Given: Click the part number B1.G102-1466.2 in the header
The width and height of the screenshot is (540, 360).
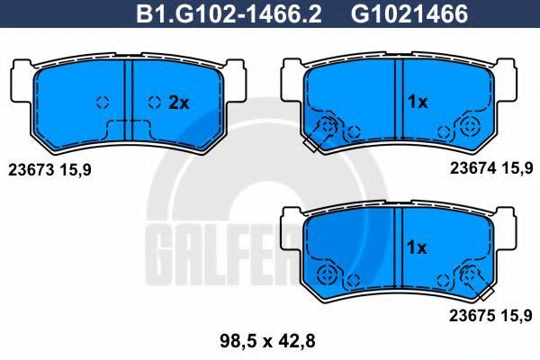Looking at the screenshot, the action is click(x=229, y=13).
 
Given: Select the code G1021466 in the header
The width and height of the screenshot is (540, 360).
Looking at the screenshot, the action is click(x=409, y=13).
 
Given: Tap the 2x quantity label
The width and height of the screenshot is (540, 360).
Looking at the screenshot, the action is click(x=179, y=103).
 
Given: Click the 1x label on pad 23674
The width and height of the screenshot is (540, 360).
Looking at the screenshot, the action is click(x=417, y=102).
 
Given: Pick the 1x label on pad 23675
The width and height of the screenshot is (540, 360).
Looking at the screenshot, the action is click(x=417, y=247).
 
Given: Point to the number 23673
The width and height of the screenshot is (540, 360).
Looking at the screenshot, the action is click(x=31, y=169).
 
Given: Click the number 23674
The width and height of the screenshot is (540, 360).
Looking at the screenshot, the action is click(x=473, y=168).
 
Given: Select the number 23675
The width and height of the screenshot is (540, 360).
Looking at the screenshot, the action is click(x=472, y=315).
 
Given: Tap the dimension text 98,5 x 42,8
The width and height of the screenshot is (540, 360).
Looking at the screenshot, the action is click(x=267, y=341).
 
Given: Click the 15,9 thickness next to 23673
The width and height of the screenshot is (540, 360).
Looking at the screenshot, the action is click(x=76, y=170).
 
